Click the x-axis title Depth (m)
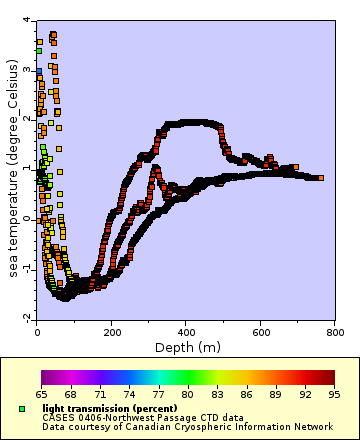click(x=186, y=347)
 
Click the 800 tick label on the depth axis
click(x=335, y=331)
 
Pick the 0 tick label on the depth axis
click(x=37, y=331)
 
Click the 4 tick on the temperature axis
click(x=26, y=21)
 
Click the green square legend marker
click(x=22, y=409)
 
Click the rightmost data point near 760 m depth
click(x=320, y=178)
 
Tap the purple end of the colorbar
click(x=46, y=378)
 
